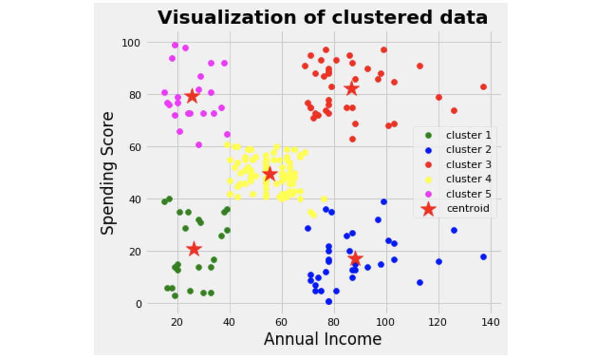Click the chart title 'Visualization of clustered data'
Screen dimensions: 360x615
click(322, 17)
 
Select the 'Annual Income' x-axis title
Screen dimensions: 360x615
click(322, 339)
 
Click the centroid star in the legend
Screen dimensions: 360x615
click(429, 209)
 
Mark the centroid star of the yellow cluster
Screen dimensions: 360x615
click(270, 174)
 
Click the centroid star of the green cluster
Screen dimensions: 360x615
click(194, 249)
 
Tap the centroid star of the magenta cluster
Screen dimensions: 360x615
click(192, 96)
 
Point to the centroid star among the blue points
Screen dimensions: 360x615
click(355, 258)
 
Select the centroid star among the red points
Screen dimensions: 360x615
click(352, 89)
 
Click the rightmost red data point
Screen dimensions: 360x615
click(483, 87)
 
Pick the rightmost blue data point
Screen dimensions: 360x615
click(483, 257)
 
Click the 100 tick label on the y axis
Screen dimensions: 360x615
click(131, 42)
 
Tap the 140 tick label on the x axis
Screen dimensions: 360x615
click(491, 322)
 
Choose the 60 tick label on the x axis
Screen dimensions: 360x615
click(282, 322)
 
